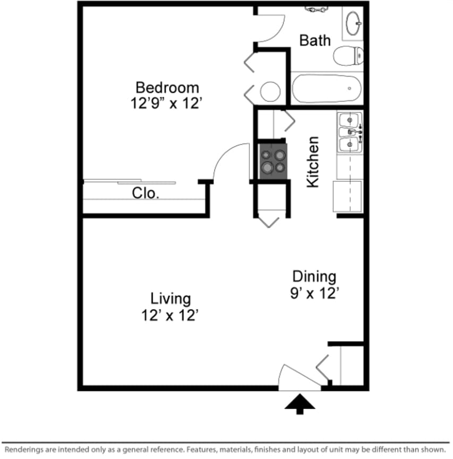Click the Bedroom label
point(167,87)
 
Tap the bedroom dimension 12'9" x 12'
point(167,103)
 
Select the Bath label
point(315,41)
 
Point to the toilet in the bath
point(349,55)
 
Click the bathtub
point(326,89)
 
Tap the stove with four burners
point(273,161)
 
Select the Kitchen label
point(313,162)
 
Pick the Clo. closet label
point(146,194)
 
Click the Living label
point(170,298)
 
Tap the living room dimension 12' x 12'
point(170,316)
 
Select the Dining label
point(315,277)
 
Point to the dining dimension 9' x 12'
point(315,294)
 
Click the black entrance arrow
point(300,404)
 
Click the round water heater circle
point(270,92)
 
